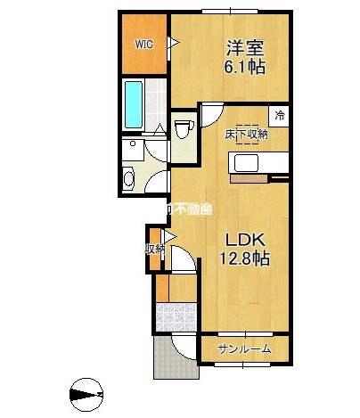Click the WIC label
click(143, 43)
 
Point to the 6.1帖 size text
click(242, 68)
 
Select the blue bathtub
click(134, 104)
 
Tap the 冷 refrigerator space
click(280, 115)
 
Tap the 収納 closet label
click(155, 249)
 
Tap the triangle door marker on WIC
click(175, 43)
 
